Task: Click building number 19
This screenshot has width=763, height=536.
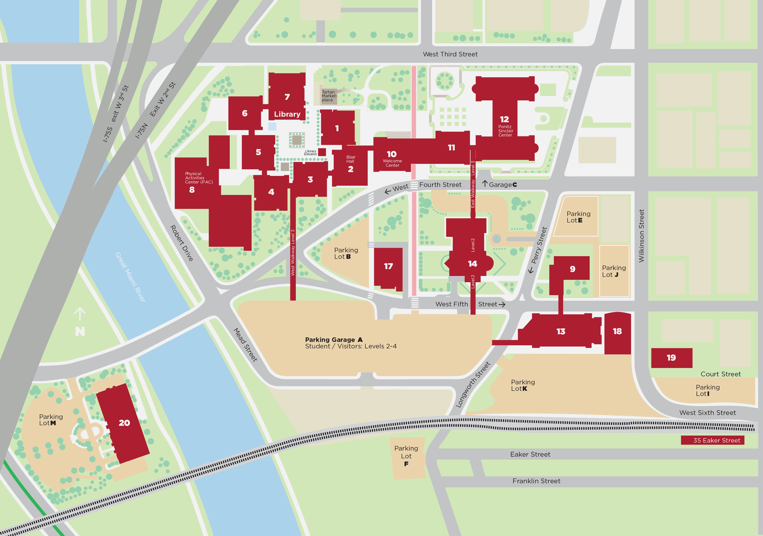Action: point(671,358)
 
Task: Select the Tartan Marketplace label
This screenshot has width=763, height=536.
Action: point(329,96)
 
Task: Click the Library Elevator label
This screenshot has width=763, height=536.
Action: point(310,152)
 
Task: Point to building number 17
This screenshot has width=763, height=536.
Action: point(388,266)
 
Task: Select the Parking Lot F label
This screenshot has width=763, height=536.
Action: point(406,456)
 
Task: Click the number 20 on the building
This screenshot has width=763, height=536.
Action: point(124,423)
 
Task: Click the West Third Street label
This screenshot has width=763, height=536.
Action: point(450,54)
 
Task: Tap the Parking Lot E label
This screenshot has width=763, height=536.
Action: point(578,217)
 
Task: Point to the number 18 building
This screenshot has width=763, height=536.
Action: point(617,331)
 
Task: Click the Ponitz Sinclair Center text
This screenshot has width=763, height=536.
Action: point(505,131)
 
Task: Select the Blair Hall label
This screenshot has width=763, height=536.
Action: point(350,159)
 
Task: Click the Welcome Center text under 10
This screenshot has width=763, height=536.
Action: point(392,163)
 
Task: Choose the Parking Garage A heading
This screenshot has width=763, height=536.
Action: point(334,339)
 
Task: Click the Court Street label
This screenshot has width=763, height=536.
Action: point(721,374)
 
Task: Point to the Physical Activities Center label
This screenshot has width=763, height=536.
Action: point(198,178)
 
